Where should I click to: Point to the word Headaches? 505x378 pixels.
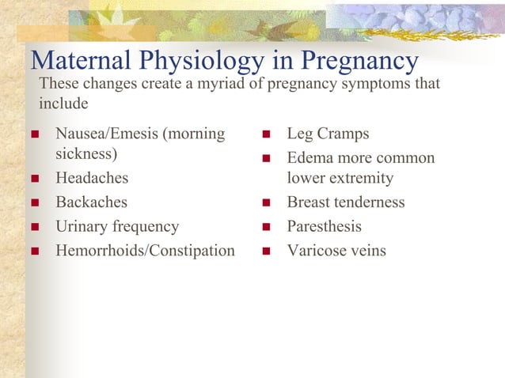pyautogui.click(x=91, y=179)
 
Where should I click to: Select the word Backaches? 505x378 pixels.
pyautogui.click(x=91, y=202)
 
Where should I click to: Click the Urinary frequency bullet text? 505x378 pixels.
pyautogui.click(x=117, y=227)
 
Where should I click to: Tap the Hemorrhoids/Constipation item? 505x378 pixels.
pyautogui.click(x=145, y=251)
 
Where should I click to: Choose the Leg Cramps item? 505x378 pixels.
pyautogui.click(x=328, y=134)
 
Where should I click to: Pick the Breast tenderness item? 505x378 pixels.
pyautogui.click(x=346, y=202)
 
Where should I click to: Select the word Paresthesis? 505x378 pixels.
pyautogui.click(x=324, y=227)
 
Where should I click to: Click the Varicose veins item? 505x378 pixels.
pyautogui.click(x=336, y=251)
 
